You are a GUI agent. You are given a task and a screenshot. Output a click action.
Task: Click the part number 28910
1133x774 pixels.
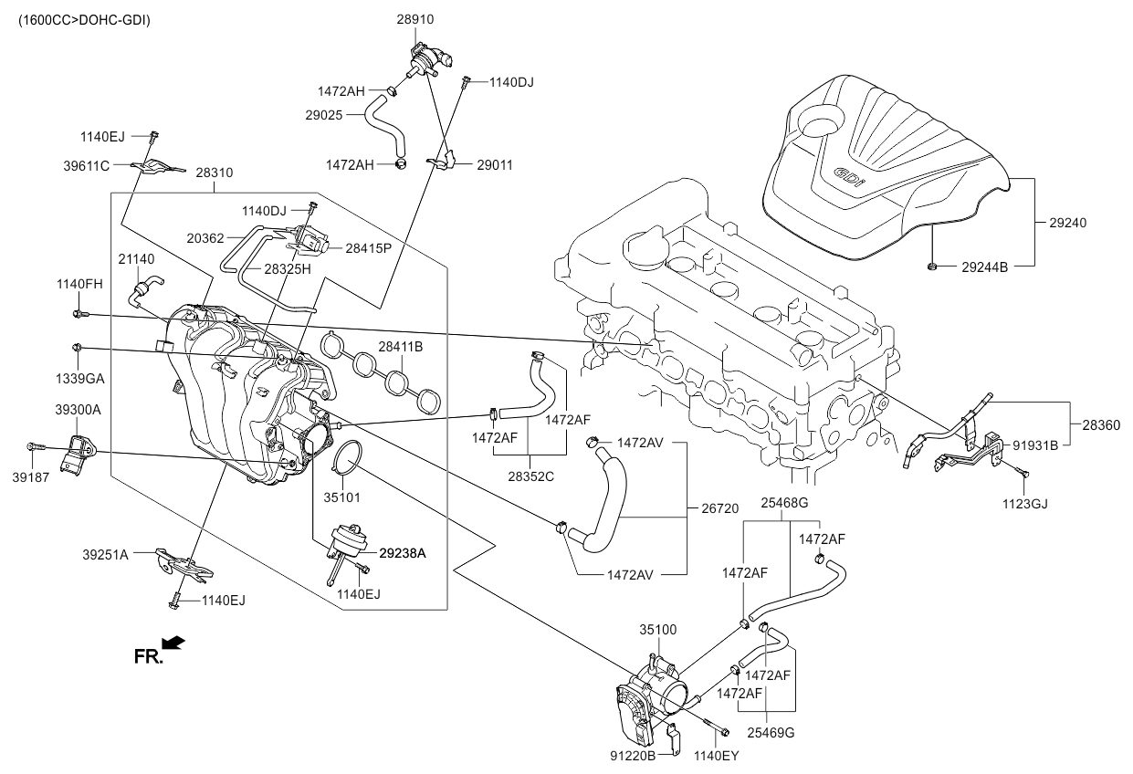[415, 19]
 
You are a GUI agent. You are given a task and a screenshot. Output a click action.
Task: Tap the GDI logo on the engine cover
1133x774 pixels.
[848, 177]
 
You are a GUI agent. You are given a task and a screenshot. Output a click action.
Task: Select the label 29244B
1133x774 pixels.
[984, 267]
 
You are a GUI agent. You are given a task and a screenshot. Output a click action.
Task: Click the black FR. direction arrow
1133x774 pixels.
[173, 643]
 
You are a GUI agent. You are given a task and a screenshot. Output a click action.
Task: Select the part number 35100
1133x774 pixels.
[657, 630]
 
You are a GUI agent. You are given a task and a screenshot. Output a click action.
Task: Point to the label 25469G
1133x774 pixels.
[771, 732]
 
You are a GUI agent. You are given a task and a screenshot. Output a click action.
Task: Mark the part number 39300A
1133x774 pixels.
[78, 411]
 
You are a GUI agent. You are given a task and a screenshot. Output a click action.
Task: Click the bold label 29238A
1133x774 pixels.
[403, 553]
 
